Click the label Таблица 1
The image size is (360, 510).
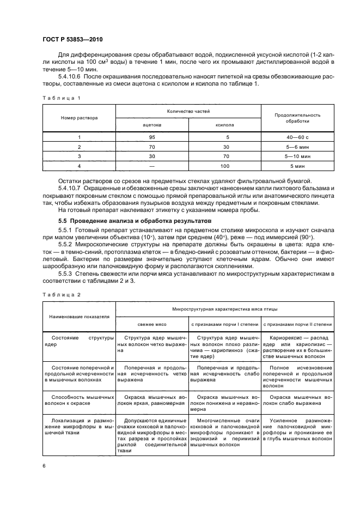(61, 98)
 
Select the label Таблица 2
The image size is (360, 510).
(61, 294)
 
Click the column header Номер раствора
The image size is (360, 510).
(80, 118)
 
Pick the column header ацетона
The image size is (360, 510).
(152, 125)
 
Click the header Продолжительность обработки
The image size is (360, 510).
(297, 118)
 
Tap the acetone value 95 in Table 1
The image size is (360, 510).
(152, 137)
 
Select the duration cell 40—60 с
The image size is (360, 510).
(297, 137)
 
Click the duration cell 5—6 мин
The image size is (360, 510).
(297, 147)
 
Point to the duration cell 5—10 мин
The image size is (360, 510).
(297, 156)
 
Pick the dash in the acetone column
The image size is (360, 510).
(152, 165)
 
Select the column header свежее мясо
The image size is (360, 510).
(152, 324)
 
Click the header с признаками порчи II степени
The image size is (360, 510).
(297, 324)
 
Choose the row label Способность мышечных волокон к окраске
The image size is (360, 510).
(80, 401)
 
